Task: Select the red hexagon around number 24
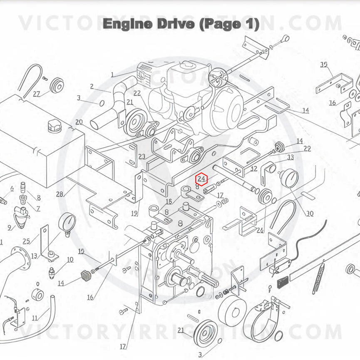coord(202,179)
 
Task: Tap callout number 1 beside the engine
coord(112,75)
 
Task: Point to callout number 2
coord(92,87)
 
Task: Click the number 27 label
coord(37,94)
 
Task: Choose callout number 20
coord(79,122)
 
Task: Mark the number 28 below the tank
coord(60,194)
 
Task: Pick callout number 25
coord(26,241)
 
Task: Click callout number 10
coord(70,260)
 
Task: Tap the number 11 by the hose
coord(35,318)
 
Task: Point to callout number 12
coord(254,169)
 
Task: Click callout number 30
coord(310,214)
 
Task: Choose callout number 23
coord(142,156)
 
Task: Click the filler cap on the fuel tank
coord(53,124)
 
